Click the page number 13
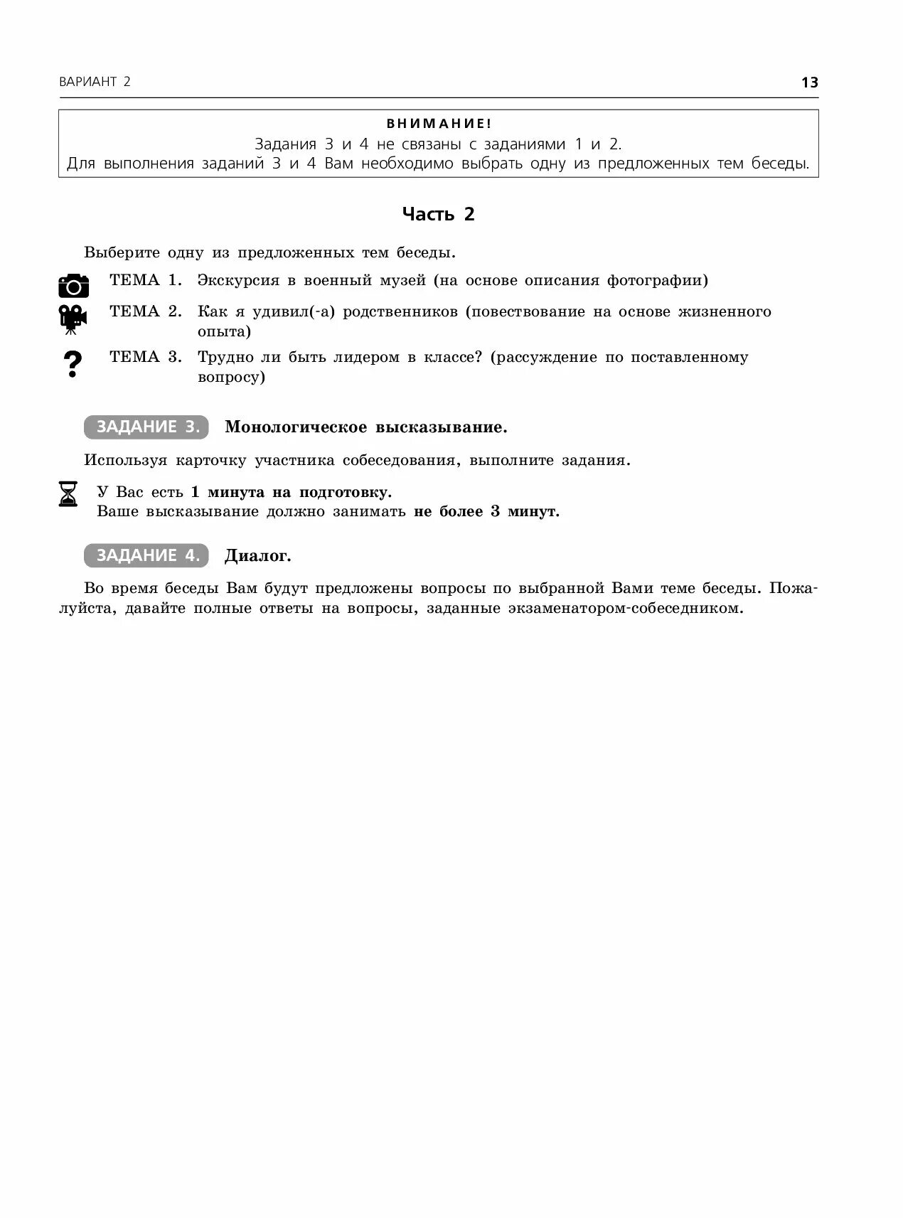[x=809, y=82]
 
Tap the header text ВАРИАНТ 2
[x=95, y=82]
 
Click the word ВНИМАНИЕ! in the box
[x=439, y=124]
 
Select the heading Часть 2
[x=438, y=214]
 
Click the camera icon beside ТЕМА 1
[x=73, y=285]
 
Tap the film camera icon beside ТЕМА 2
[x=73, y=319]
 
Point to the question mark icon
[x=73, y=364]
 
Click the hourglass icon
[x=68, y=493]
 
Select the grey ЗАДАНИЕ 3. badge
[x=146, y=427]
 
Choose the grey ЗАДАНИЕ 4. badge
[x=146, y=555]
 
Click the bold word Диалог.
[x=258, y=556]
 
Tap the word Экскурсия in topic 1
[x=238, y=280]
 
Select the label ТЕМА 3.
[x=146, y=357]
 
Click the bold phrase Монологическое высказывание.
[x=366, y=427]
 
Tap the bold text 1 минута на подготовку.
[x=292, y=492]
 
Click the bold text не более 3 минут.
[x=486, y=511]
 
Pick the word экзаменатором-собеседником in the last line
[x=626, y=609]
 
